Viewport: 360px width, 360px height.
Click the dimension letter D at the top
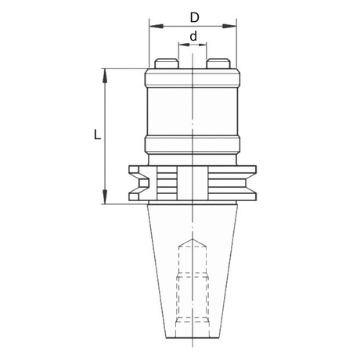(195, 18)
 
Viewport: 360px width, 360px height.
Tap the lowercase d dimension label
(193, 36)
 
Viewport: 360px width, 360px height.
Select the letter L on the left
(97, 135)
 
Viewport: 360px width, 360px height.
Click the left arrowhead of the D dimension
(157, 26)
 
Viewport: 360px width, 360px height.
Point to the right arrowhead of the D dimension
(229, 26)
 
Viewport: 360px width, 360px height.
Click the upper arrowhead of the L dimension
(105, 76)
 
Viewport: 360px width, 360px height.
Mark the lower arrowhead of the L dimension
(105, 196)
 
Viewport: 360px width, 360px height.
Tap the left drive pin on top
(167, 63)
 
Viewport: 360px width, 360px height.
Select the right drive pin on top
(218, 63)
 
